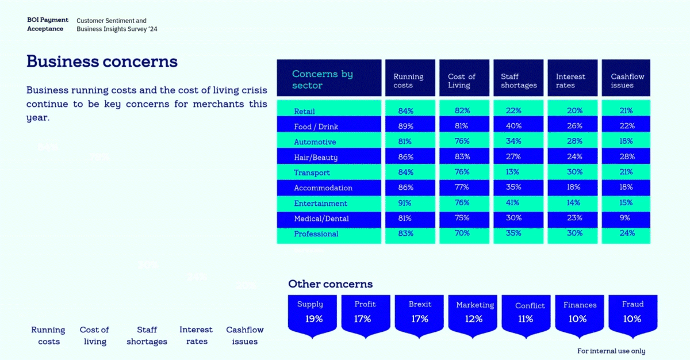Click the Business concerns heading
(102, 62)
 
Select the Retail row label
(304, 112)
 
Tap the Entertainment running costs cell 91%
(404, 203)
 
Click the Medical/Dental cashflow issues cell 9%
(626, 218)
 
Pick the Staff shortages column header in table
(518, 81)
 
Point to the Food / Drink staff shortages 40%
(514, 126)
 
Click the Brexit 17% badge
(420, 313)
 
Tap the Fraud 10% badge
(632, 313)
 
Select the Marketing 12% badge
(474, 313)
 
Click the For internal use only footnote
(611, 351)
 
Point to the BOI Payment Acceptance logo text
(48, 24)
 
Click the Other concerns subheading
(330, 284)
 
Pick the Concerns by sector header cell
(329, 79)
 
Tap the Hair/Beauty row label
(316, 158)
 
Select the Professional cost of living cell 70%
(462, 233)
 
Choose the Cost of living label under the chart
(94, 335)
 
